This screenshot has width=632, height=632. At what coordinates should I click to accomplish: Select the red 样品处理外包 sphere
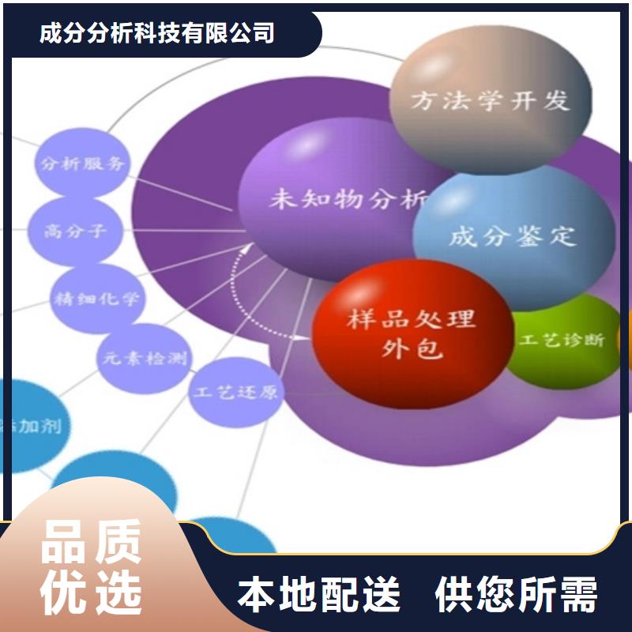pyautogui.click(x=411, y=333)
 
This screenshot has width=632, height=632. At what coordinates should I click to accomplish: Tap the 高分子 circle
pyautogui.click(x=76, y=231)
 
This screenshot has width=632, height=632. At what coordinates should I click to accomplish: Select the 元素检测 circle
pyautogui.click(x=143, y=358)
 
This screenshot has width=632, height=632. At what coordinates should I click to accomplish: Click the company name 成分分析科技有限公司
pyautogui.click(x=157, y=33)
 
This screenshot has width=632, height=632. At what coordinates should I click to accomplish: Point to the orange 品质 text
pyautogui.click(x=91, y=542)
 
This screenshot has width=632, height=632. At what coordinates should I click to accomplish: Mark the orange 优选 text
pyautogui.click(x=91, y=590)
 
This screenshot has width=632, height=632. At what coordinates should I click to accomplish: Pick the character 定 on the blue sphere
pyautogui.click(x=564, y=235)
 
